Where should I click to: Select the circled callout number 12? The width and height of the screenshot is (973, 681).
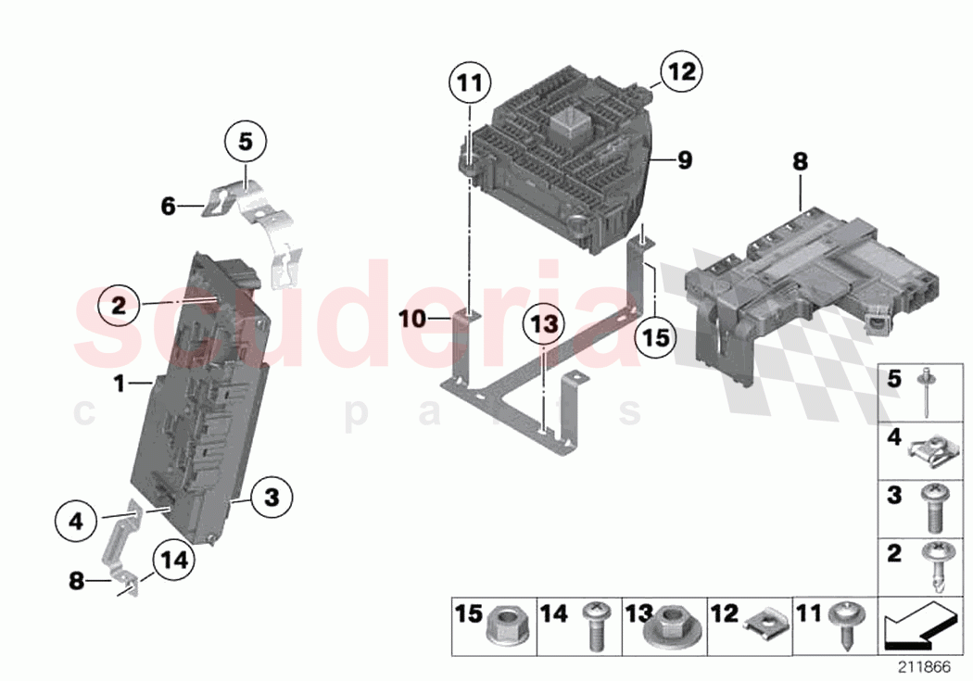tap(681, 71)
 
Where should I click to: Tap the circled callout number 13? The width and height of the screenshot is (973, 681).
tap(546, 324)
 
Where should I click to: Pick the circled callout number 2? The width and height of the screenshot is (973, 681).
tap(118, 305)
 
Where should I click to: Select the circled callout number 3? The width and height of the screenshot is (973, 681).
tap(271, 498)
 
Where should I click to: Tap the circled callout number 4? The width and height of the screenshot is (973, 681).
tap(76, 522)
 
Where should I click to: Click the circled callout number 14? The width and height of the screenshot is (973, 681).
tap(171, 560)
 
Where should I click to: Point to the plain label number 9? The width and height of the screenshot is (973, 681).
tap(684, 161)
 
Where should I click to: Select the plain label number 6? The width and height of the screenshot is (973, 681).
tap(168, 207)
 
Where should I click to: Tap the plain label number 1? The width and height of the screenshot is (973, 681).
tap(119, 383)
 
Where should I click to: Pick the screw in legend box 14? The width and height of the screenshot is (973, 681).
tap(594, 627)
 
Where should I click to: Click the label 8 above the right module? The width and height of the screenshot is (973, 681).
tap(800, 161)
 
